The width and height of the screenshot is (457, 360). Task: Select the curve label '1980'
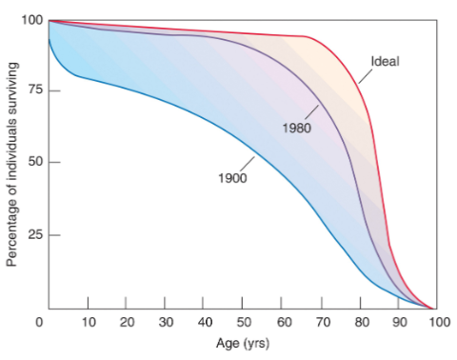point(297,128)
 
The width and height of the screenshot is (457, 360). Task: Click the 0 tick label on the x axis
point(39,323)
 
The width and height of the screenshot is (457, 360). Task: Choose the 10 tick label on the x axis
point(88,323)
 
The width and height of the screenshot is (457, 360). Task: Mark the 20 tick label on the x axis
point(127,323)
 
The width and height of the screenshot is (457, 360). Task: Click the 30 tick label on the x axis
point(166,323)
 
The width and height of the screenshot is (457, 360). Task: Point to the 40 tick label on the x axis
point(205,323)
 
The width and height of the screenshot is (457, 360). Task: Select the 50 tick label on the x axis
point(244,323)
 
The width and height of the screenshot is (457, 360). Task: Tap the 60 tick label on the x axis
point(283,323)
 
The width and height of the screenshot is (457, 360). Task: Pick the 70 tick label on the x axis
point(322,323)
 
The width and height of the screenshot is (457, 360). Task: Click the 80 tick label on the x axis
point(361,323)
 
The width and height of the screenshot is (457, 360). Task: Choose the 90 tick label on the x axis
point(400,323)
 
